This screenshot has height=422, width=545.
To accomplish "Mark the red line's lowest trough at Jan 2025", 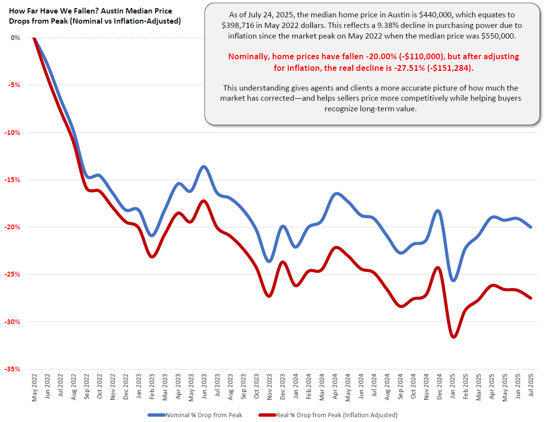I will [453, 337].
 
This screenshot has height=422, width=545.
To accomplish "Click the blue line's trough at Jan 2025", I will [453, 280].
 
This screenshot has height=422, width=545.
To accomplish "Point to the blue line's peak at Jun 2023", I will [204, 167].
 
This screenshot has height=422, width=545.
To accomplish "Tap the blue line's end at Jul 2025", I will [531, 227].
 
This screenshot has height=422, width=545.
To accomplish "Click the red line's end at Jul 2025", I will [531, 298].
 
